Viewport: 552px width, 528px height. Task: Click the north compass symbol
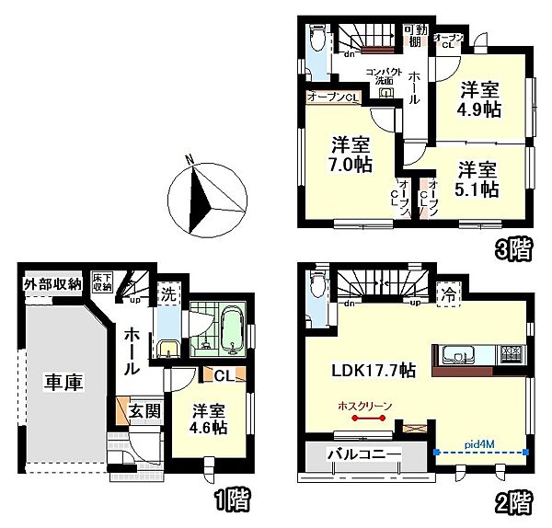click(208, 198)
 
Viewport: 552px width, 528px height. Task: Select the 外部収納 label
click(52, 283)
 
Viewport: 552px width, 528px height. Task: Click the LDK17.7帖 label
click(373, 370)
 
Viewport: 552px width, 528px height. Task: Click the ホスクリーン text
click(365, 405)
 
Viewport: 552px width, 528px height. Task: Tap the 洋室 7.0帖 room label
click(351, 155)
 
